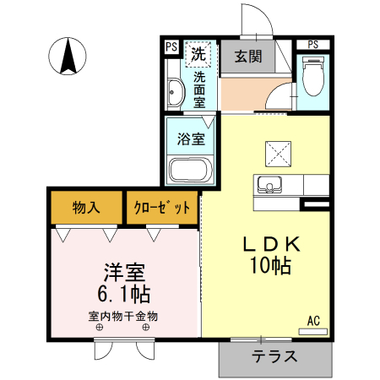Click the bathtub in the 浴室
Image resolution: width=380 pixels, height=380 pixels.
(191, 170)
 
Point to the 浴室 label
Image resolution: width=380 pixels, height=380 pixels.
(191, 139)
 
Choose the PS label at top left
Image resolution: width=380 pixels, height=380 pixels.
(171, 46)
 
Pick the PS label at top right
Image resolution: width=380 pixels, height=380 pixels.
(312, 44)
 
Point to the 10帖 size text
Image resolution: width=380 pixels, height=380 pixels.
(269, 267)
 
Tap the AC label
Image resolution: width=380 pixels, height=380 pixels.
(312, 320)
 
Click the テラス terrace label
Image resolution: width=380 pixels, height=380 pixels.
(274, 356)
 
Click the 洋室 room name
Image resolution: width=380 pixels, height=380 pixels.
(125, 273)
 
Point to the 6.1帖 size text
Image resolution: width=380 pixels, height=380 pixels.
(125, 295)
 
